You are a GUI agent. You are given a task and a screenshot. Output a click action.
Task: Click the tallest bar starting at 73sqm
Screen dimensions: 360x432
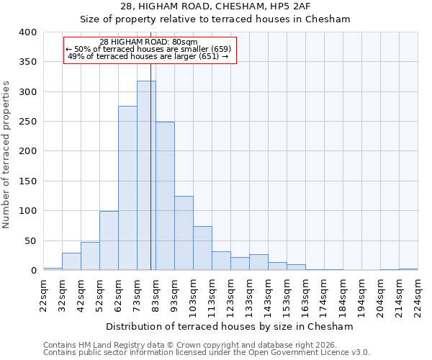click(146, 176)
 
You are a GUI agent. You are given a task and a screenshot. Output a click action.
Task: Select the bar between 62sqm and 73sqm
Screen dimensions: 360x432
click(127, 189)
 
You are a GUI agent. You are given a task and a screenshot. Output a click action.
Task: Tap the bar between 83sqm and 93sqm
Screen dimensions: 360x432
click(165, 196)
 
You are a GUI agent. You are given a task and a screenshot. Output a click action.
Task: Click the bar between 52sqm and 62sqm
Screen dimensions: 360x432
click(109, 240)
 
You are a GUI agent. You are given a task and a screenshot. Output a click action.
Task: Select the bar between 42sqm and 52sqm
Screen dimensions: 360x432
click(90, 256)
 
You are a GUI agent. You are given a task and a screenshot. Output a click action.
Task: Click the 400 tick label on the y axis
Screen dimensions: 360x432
click(27, 32)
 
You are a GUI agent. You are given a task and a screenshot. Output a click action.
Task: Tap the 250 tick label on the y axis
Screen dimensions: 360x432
click(27, 122)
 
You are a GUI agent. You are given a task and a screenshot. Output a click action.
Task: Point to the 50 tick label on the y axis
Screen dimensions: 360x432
click(30, 240)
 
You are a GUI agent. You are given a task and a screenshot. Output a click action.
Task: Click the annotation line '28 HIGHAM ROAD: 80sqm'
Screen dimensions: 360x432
click(148, 42)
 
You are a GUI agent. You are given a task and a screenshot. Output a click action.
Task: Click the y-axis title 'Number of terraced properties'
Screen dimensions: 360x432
click(6, 155)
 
